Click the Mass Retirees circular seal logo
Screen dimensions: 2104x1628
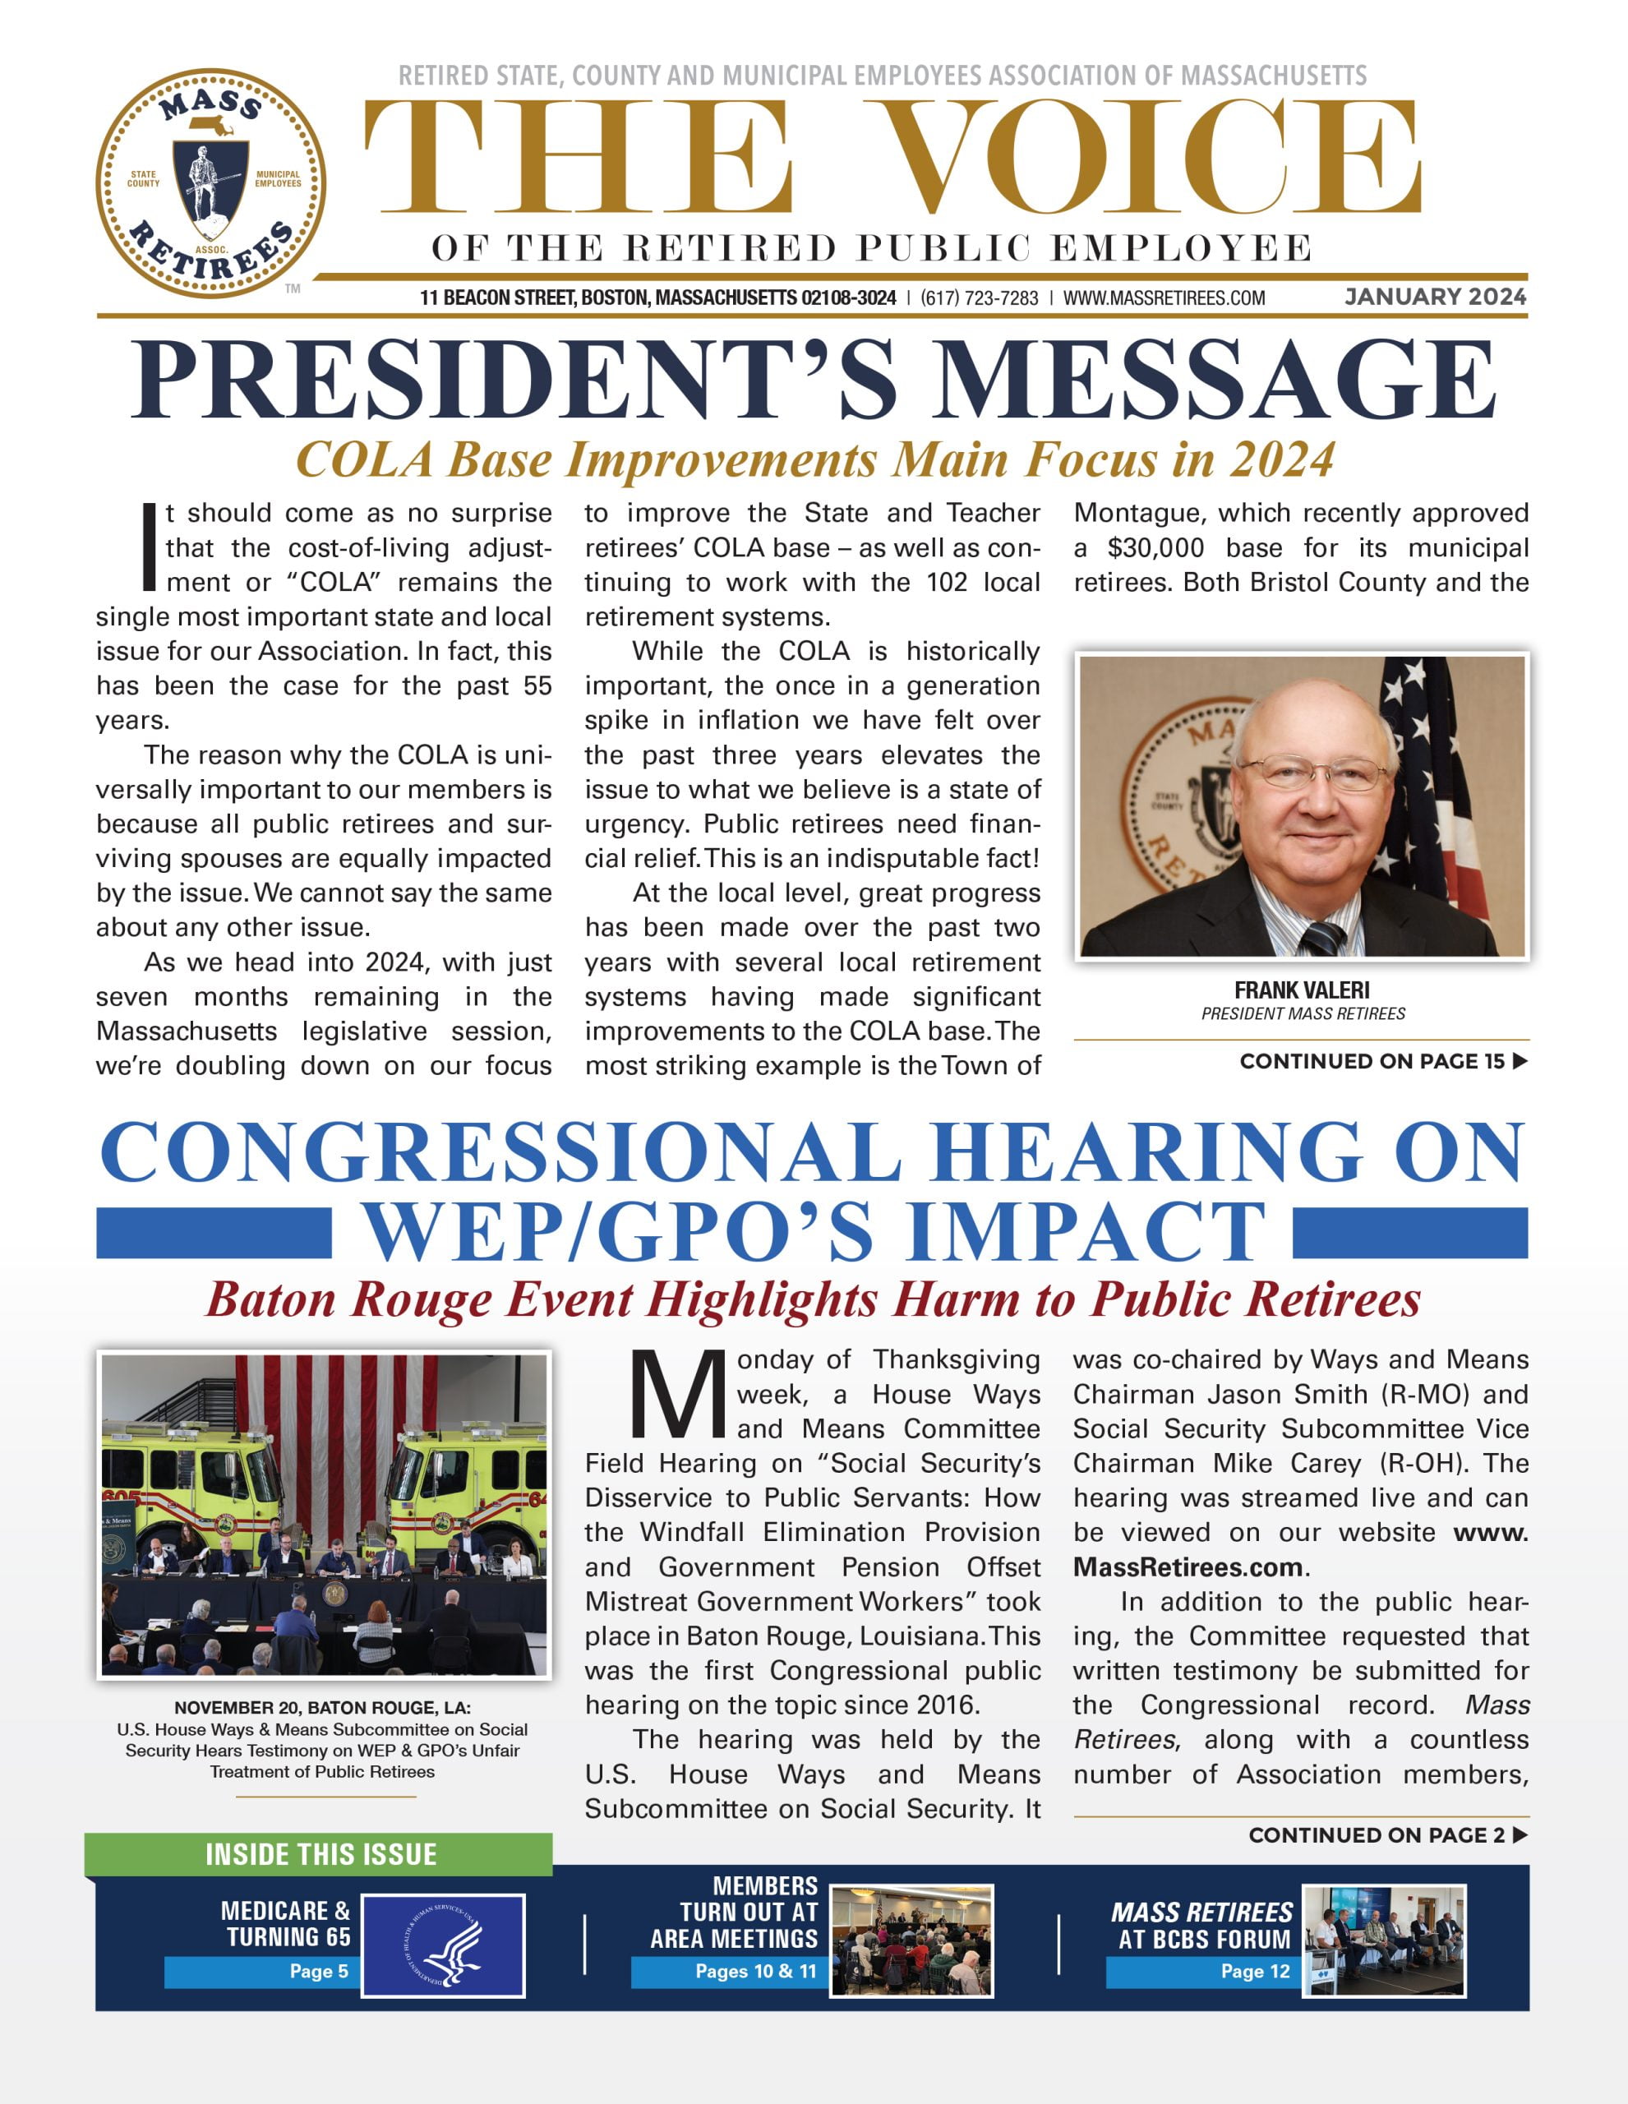211,183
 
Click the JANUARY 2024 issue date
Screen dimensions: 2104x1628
1436,297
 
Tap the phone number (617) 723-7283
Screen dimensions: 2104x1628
979,298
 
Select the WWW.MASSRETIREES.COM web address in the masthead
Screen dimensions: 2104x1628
1164,298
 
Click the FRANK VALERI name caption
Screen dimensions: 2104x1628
1302,990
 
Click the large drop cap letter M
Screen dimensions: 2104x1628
677,1394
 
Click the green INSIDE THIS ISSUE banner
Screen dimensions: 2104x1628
320,1854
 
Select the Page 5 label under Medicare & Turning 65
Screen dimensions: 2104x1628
319,1971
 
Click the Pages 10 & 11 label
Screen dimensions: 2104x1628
755,1971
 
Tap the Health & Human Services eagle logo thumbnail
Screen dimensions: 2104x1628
443,1945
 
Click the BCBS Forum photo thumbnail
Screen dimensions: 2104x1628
1383,1940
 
